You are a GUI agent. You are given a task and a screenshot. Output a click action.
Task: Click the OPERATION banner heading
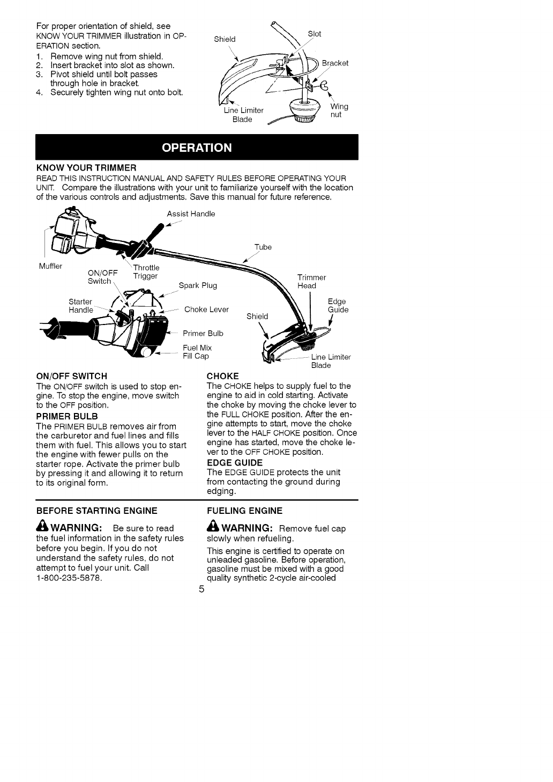coord(197,147)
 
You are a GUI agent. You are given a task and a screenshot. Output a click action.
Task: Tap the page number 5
coord(201,590)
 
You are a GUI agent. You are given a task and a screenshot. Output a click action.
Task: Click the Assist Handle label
coord(191,214)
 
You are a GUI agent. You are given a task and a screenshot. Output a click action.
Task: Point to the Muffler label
coord(50,266)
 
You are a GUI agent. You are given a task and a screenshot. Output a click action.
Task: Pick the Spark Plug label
coord(198,285)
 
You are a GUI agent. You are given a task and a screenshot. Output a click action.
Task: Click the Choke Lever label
coord(206,309)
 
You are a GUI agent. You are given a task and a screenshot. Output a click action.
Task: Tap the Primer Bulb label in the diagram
coord(203,333)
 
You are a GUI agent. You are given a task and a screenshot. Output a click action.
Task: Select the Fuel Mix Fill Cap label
coord(197,352)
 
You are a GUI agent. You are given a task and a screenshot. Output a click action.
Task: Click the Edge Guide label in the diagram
coord(338,306)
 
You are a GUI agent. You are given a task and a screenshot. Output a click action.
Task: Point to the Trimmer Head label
coord(311,282)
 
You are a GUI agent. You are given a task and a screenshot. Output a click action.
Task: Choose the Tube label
coord(263,247)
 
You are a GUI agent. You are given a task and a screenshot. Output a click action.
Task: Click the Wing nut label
coord(339,110)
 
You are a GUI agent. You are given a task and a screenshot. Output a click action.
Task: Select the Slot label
coord(315,34)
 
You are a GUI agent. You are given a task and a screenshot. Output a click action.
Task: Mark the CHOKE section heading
coord(222,376)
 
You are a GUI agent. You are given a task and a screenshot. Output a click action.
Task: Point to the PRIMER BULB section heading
coord(67,416)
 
